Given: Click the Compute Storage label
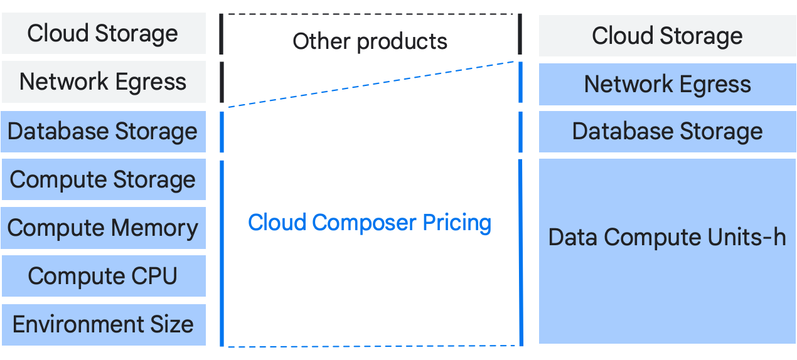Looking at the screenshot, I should pos(103,180).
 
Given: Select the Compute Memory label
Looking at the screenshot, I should pos(103,228).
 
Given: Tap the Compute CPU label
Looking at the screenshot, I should pos(103,276).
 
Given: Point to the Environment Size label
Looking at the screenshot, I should pos(103,324).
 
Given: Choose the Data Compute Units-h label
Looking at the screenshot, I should pos(667,238).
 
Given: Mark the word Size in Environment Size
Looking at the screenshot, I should pos(171,324).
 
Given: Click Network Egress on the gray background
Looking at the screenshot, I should pos(103,82).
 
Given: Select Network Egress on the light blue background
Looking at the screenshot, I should pos(667,85).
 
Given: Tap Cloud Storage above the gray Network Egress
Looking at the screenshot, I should pos(103,34).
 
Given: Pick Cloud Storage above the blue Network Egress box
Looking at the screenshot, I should pos(667,36).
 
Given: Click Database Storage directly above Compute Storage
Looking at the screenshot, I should pos(103,132).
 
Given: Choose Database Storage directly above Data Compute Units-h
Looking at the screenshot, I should pos(667,132).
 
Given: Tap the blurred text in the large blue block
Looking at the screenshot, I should pos(370,223).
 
